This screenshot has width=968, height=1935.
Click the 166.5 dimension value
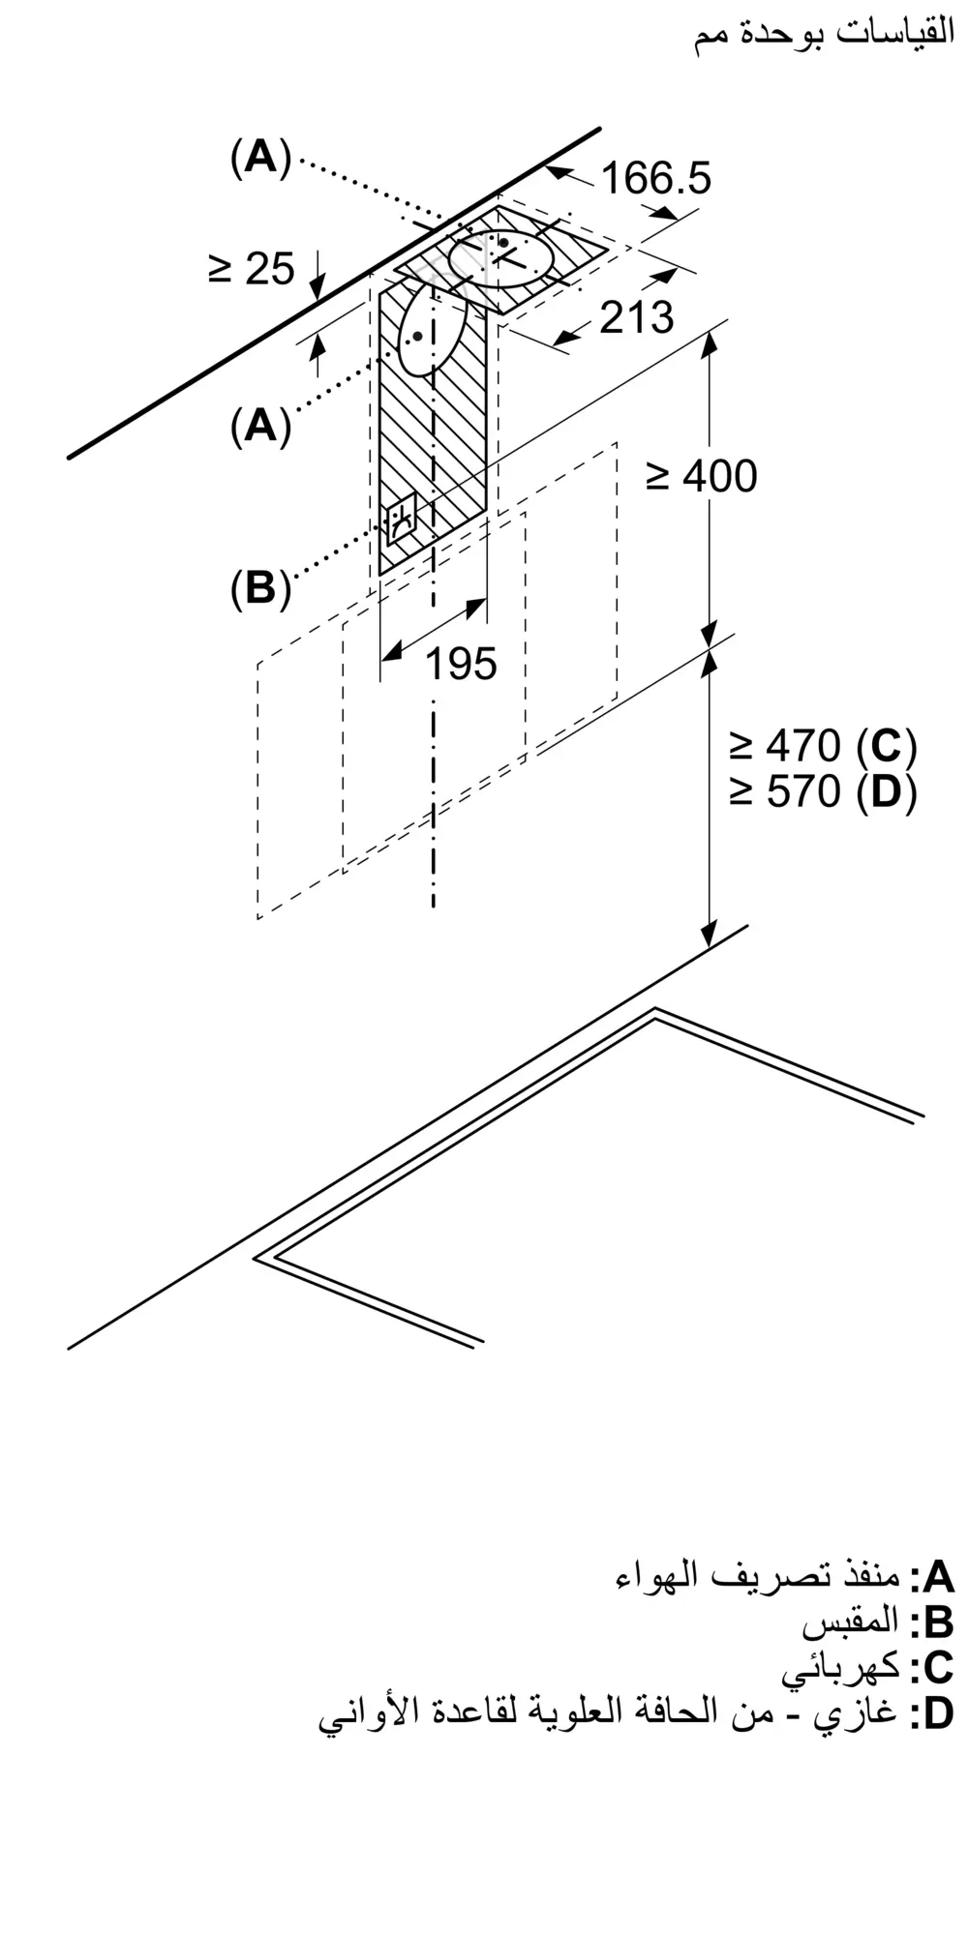(655, 178)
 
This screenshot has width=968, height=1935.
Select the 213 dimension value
(636, 317)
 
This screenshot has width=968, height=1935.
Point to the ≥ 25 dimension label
(251, 268)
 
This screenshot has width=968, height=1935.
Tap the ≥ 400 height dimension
(701, 476)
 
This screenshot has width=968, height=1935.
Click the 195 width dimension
(461, 664)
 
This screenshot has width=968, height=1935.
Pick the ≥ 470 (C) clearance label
(822, 745)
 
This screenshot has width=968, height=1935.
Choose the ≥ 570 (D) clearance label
(822, 792)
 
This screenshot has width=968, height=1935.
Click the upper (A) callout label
(260, 156)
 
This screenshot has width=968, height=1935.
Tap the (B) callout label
(260, 587)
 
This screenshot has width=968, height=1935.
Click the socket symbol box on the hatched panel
(402, 519)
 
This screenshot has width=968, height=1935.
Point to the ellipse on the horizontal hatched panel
(501, 258)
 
